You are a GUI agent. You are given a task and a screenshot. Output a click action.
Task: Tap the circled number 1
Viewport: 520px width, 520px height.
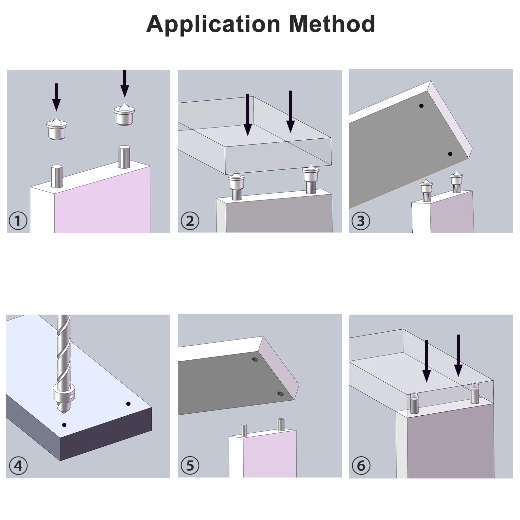pyautogui.click(x=18, y=221)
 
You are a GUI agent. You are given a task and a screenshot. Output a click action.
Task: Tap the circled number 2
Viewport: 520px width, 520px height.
pyautogui.click(x=190, y=221)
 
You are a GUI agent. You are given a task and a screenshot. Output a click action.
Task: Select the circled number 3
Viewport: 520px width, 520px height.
pyautogui.click(x=361, y=221)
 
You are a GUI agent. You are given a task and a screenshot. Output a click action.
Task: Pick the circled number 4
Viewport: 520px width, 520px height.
pyautogui.click(x=18, y=465)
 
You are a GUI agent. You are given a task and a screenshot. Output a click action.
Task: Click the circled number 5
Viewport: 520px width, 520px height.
pyautogui.click(x=190, y=465)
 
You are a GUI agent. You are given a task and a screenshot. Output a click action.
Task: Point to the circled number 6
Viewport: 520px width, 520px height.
pyautogui.click(x=361, y=465)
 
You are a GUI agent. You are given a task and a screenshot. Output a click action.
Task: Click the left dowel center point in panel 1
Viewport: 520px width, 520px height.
pyautogui.click(x=57, y=128)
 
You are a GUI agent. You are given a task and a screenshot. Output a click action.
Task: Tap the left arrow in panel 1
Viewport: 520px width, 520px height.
pyautogui.click(x=56, y=97)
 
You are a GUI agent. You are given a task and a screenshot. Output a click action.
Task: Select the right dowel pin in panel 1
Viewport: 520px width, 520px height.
pyautogui.click(x=124, y=157)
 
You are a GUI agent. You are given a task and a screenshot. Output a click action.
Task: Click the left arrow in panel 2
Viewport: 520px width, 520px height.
pyautogui.click(x=248, y=114)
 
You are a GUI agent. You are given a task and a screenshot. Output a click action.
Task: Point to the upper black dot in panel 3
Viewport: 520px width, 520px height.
pyautogui.click(x=421, y=106)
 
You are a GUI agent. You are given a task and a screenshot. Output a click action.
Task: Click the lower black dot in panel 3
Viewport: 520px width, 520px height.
pyautogui.click(x=450, y=154)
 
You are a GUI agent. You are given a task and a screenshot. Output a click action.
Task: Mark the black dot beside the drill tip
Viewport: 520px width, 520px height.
pyautogui.click(x=64, y=425)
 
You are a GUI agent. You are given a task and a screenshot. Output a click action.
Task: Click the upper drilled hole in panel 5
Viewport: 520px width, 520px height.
pyautogui.click(x=255, y=360)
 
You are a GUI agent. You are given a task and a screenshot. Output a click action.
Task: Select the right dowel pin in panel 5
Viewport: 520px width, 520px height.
pyautogui.click(x=281, y=425)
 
